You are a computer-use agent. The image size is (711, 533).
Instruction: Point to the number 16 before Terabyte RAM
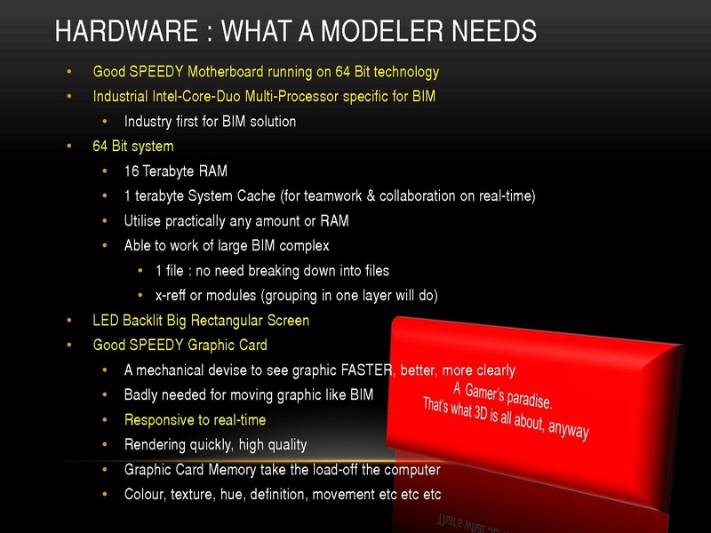point(132,171)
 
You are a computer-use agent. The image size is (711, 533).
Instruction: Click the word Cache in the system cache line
point(256,195)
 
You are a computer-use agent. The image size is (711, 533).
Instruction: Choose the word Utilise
point(142,220)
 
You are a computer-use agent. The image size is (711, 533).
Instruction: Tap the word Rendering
point(155,445)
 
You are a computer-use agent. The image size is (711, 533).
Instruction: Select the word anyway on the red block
point(568,428)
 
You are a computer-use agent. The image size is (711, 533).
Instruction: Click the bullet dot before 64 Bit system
point(69,146)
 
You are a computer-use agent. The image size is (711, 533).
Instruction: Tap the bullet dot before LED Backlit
point(69,321)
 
